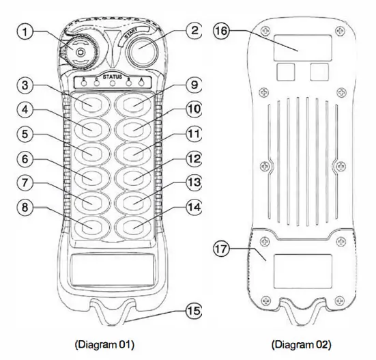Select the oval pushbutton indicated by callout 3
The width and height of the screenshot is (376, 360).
[89, 105]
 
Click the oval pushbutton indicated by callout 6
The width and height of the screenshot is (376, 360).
[89, 176]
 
